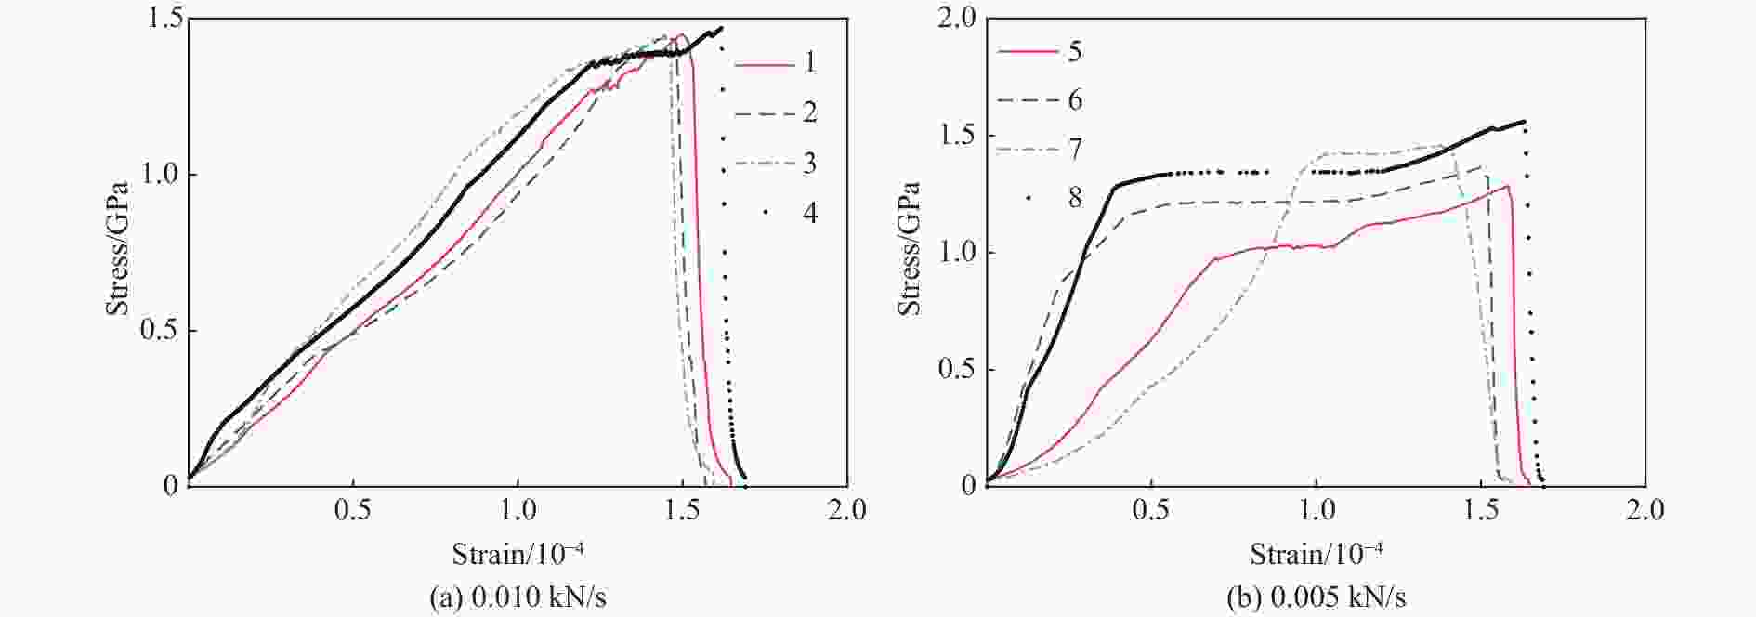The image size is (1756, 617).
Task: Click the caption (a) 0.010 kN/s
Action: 518,597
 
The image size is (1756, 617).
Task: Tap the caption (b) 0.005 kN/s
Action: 1316,597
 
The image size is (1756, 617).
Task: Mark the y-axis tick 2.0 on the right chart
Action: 957,20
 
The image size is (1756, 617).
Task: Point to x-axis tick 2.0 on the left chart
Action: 845,509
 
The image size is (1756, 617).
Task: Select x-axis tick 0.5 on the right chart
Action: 1151,509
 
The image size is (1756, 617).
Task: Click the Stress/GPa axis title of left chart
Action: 118,251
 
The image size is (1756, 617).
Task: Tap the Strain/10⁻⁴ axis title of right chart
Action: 1316,555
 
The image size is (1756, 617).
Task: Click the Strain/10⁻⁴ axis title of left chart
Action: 518,555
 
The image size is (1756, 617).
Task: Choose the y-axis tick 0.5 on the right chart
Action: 957,369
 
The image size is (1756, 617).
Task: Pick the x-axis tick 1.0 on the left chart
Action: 518,509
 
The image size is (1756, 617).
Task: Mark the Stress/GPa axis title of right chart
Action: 911,251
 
